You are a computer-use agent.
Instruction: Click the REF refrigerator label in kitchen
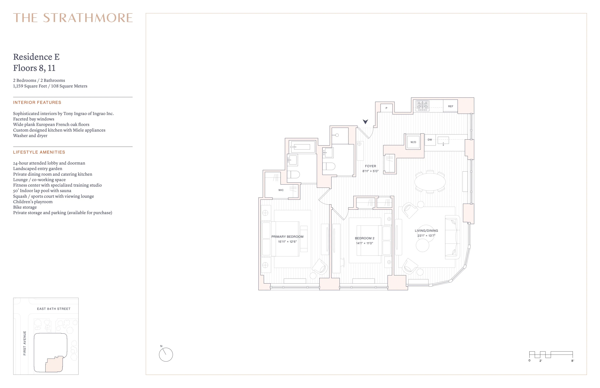point(451,106)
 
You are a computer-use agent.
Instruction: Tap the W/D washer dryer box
point(413,142)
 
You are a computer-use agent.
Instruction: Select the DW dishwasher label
point(430,140)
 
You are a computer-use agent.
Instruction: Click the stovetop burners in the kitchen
point(422,106)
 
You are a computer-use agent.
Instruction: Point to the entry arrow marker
point(365,122)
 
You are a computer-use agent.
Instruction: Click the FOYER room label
point(370,166)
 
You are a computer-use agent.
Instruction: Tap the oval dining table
point(430,182)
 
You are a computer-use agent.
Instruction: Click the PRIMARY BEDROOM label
point(287,237)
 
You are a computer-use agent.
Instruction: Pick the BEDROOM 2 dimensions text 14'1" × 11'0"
point(365,243)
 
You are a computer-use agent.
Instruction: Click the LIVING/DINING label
point(426,231)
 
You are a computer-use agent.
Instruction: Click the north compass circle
point(166,355)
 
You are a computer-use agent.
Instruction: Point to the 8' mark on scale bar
point(572,360)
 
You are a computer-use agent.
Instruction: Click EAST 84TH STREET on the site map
point(54,309)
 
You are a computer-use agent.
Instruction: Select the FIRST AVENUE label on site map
point(25,343)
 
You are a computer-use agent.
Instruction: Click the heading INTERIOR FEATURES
point(37,102)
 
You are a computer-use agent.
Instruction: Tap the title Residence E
point(36,57)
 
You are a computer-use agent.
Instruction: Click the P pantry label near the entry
point(386,108)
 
